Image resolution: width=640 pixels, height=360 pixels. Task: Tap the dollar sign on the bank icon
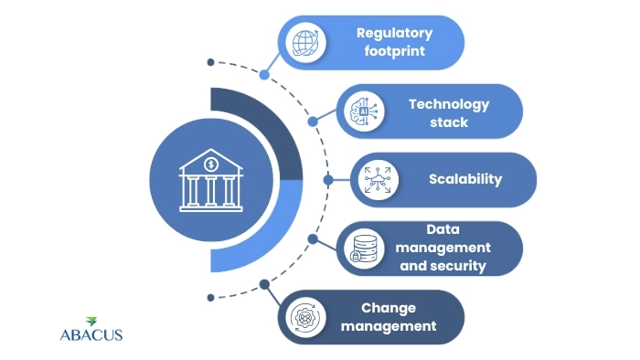point(211,164)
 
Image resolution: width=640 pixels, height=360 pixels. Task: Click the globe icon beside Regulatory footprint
point(304,43)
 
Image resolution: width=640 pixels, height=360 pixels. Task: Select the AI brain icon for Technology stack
point(361,111)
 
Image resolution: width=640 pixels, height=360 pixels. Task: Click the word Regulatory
point(394,33)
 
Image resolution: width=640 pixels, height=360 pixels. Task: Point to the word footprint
point(394,52)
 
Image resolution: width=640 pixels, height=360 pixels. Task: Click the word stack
point(449,122)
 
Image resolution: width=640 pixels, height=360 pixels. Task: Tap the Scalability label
point(465,179)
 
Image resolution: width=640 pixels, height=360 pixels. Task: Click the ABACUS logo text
point(90,334)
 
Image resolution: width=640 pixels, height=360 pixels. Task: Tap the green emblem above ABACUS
point(91,321)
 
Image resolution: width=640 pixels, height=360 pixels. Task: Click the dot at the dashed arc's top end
point(210,63)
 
